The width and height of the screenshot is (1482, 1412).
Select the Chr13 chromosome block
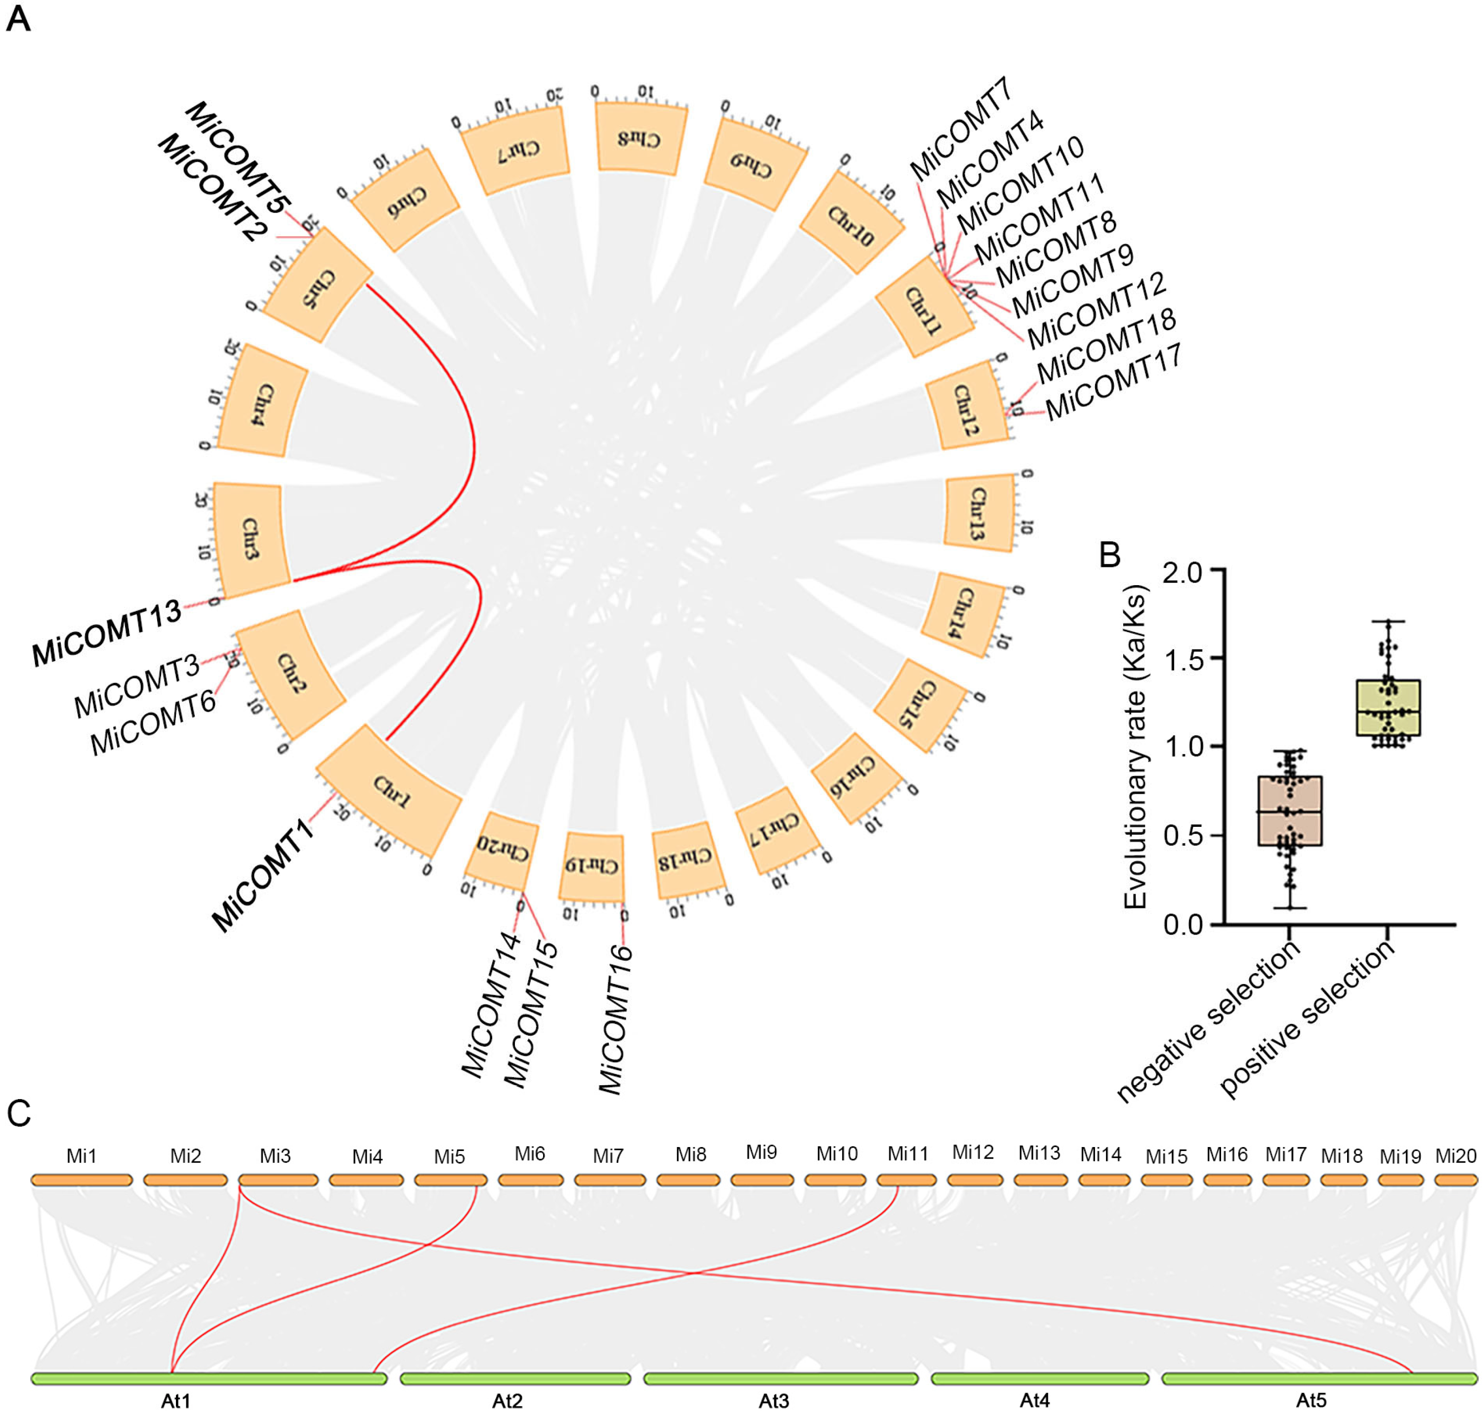[x=978, y=513]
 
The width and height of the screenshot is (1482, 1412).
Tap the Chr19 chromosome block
[x=592, y=866]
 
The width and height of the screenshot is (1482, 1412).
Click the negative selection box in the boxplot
[x=1290, y=811]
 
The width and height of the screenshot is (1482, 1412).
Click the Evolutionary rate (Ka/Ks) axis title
[x=1136, y=746]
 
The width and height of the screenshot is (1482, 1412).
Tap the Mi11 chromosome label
[x=908, y=1154]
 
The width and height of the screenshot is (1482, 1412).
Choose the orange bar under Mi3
[x=278, y=1180]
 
